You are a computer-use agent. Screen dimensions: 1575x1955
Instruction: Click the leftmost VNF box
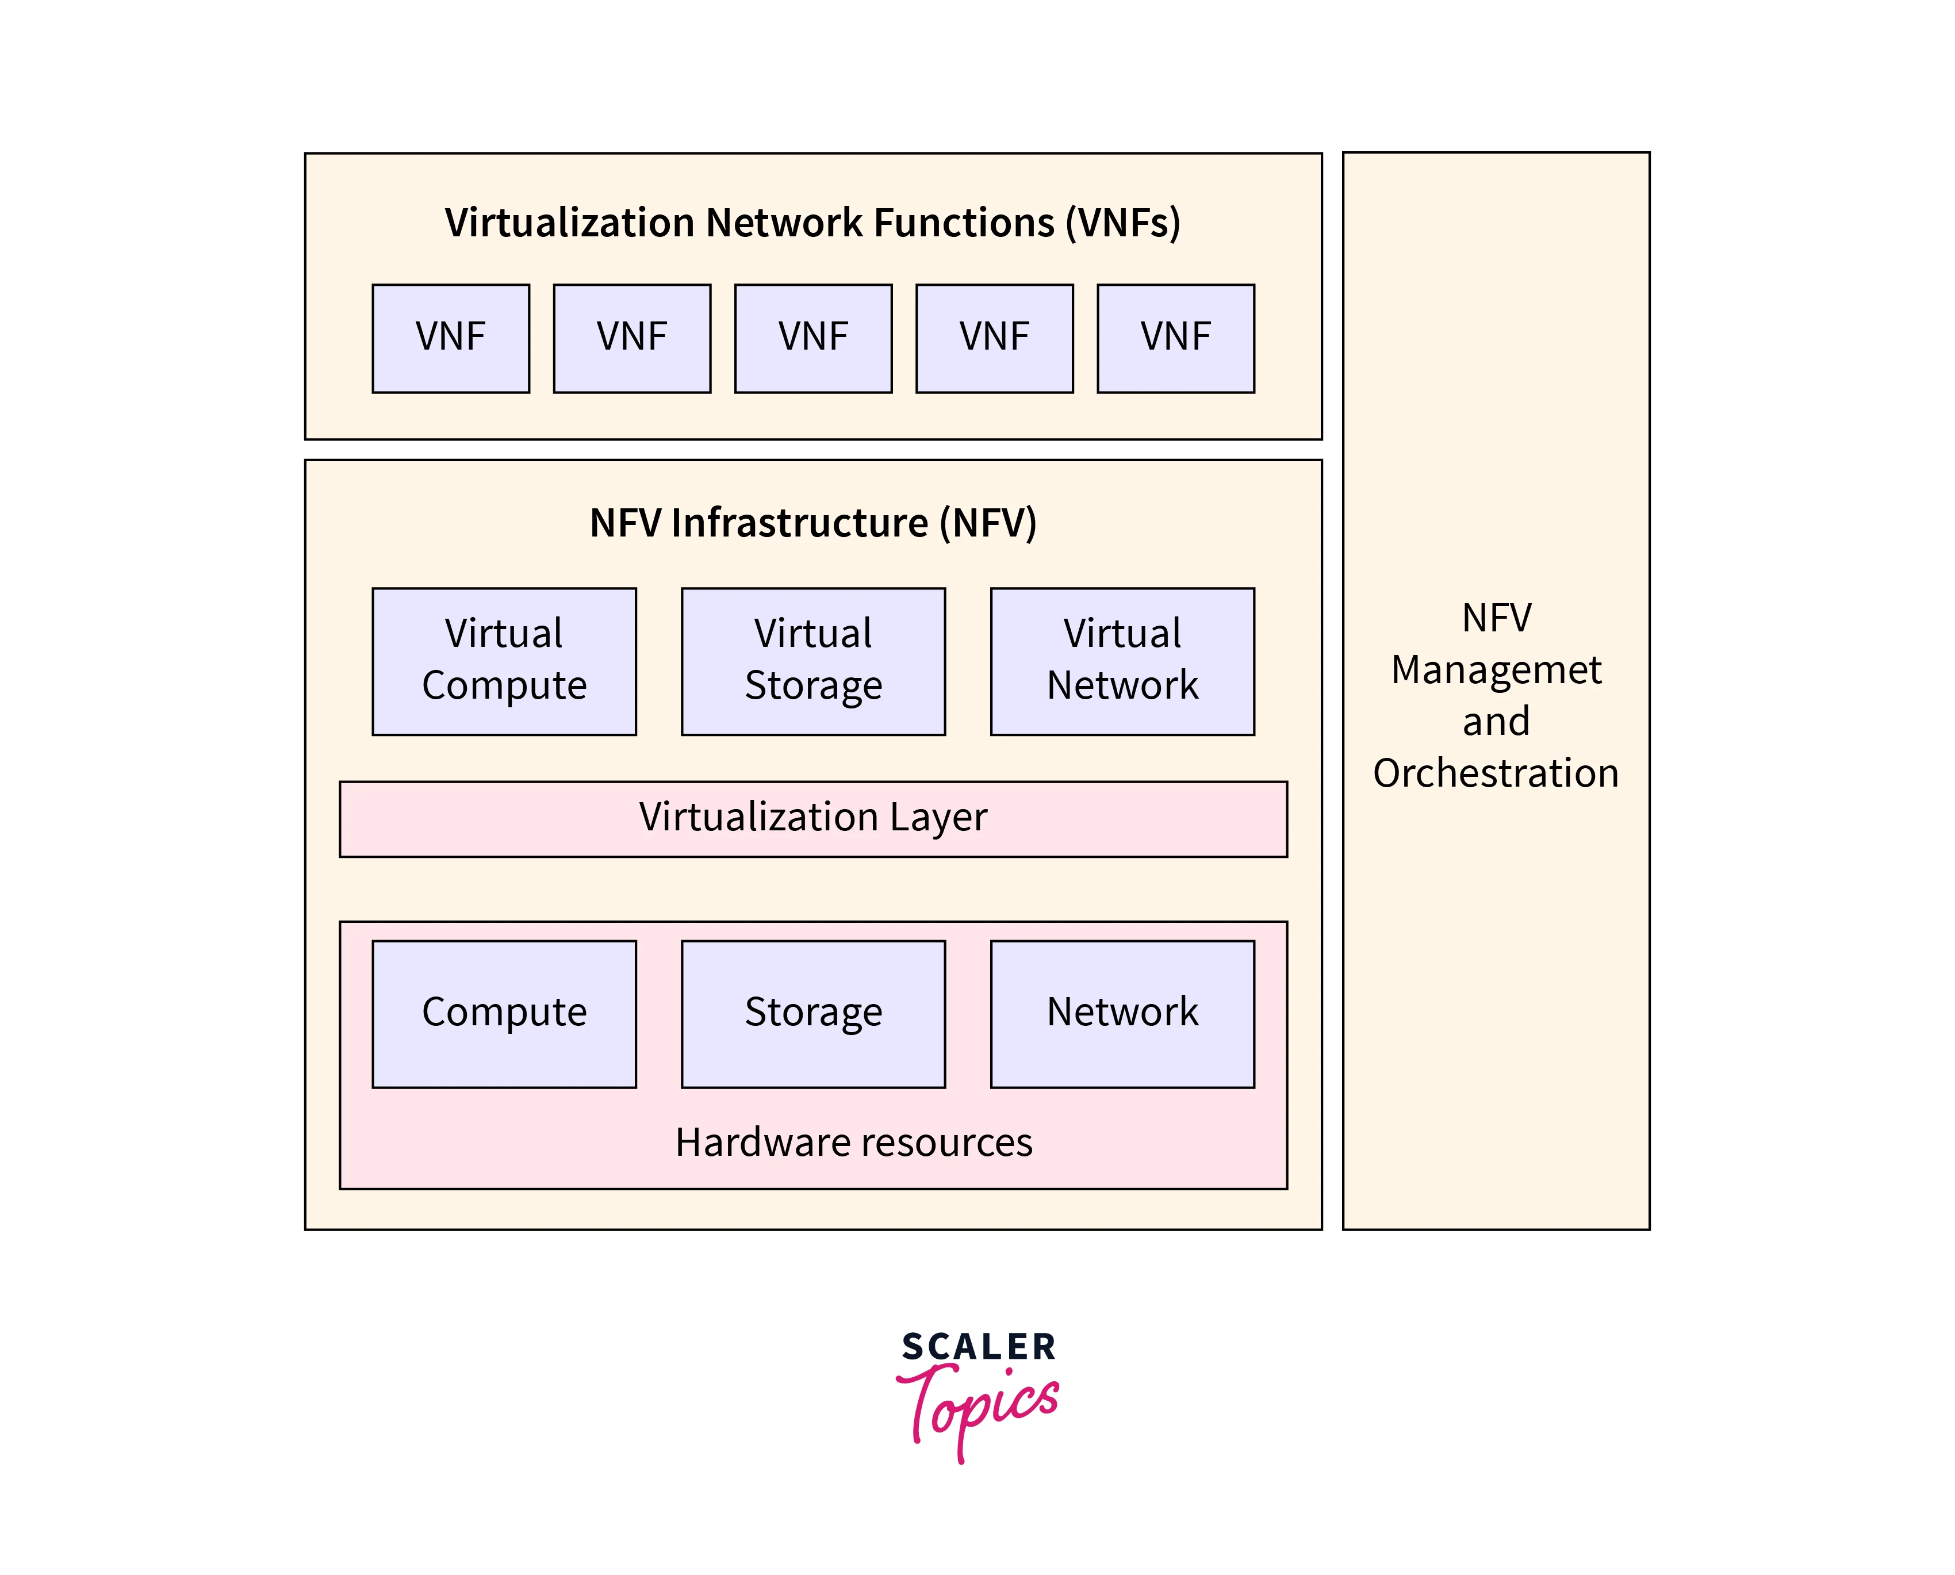coord(451,339)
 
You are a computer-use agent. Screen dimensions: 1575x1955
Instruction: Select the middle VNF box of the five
coord(813,339)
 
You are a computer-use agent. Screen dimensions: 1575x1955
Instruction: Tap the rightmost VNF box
coord(1176,339)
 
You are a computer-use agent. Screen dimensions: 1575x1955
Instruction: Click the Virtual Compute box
coord(504,661)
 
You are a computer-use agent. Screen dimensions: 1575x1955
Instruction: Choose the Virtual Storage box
coord(813,661)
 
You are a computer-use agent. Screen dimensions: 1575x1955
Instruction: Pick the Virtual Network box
coord(1122,661)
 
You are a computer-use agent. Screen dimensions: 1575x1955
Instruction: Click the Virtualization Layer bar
coord(813,818)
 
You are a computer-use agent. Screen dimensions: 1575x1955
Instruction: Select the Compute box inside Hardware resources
coord(504,1013)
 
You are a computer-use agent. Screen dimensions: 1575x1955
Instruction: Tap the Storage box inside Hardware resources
coord(813,1013)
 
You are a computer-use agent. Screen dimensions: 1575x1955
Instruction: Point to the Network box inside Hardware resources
coord(1122,1013)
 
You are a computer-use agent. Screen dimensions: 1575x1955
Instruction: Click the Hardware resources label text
coord(854,1142)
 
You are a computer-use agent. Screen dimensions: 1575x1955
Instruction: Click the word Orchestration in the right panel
coord(1496,773)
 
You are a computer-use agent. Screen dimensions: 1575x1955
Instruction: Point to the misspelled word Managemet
coord(1496,669)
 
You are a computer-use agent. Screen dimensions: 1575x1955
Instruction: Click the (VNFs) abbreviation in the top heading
coord(1123,223)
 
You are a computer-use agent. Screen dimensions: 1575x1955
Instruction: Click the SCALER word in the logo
coord(979,1347)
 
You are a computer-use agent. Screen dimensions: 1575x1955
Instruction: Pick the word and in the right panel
coord(1496,721)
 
